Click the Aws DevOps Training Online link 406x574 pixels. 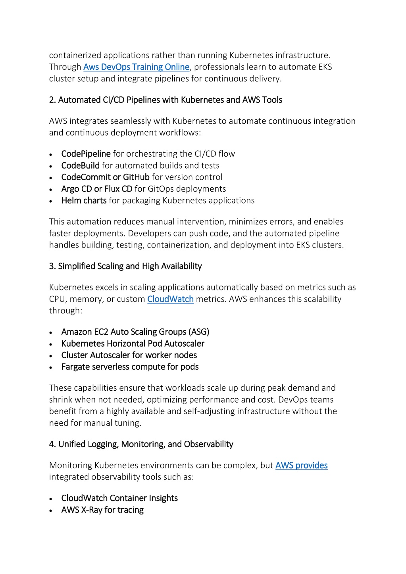136,67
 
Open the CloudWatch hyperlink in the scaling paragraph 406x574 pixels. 170,299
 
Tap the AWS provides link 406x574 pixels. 301,465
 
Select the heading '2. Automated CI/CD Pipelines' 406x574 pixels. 165,100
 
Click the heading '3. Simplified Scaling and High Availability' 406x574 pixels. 125,266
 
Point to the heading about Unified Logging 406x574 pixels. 141,444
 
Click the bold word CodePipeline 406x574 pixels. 86,154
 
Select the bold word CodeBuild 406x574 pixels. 80,165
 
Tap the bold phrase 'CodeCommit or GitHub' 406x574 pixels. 105,177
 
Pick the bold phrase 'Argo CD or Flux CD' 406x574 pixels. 96,189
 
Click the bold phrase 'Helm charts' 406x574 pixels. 84,201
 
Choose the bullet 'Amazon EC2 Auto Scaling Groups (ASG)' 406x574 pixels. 135,332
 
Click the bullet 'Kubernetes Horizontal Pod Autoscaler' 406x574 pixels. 133,344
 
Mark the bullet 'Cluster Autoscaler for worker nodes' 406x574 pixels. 129,355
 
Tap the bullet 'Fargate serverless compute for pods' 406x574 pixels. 130,367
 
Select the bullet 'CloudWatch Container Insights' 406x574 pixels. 119,498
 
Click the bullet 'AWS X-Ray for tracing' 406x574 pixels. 102,510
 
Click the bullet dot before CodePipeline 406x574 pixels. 51,155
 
